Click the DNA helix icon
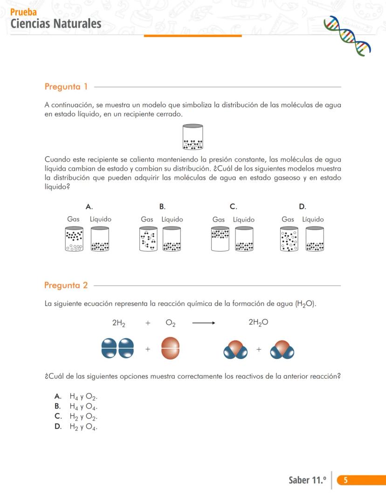347,35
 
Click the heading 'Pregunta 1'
66,86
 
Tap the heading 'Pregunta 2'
66,285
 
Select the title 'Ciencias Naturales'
55,23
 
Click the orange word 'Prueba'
23,12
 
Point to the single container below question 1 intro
193,137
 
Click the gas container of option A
74,239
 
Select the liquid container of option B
172,239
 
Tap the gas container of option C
220,239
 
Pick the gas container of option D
289,239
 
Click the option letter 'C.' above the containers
233,206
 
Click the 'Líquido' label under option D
313,219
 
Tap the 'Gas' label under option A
73,219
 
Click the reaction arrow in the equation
204,323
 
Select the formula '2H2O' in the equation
258,323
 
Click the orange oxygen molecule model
170,348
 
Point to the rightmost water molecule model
282,350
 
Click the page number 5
345,480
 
